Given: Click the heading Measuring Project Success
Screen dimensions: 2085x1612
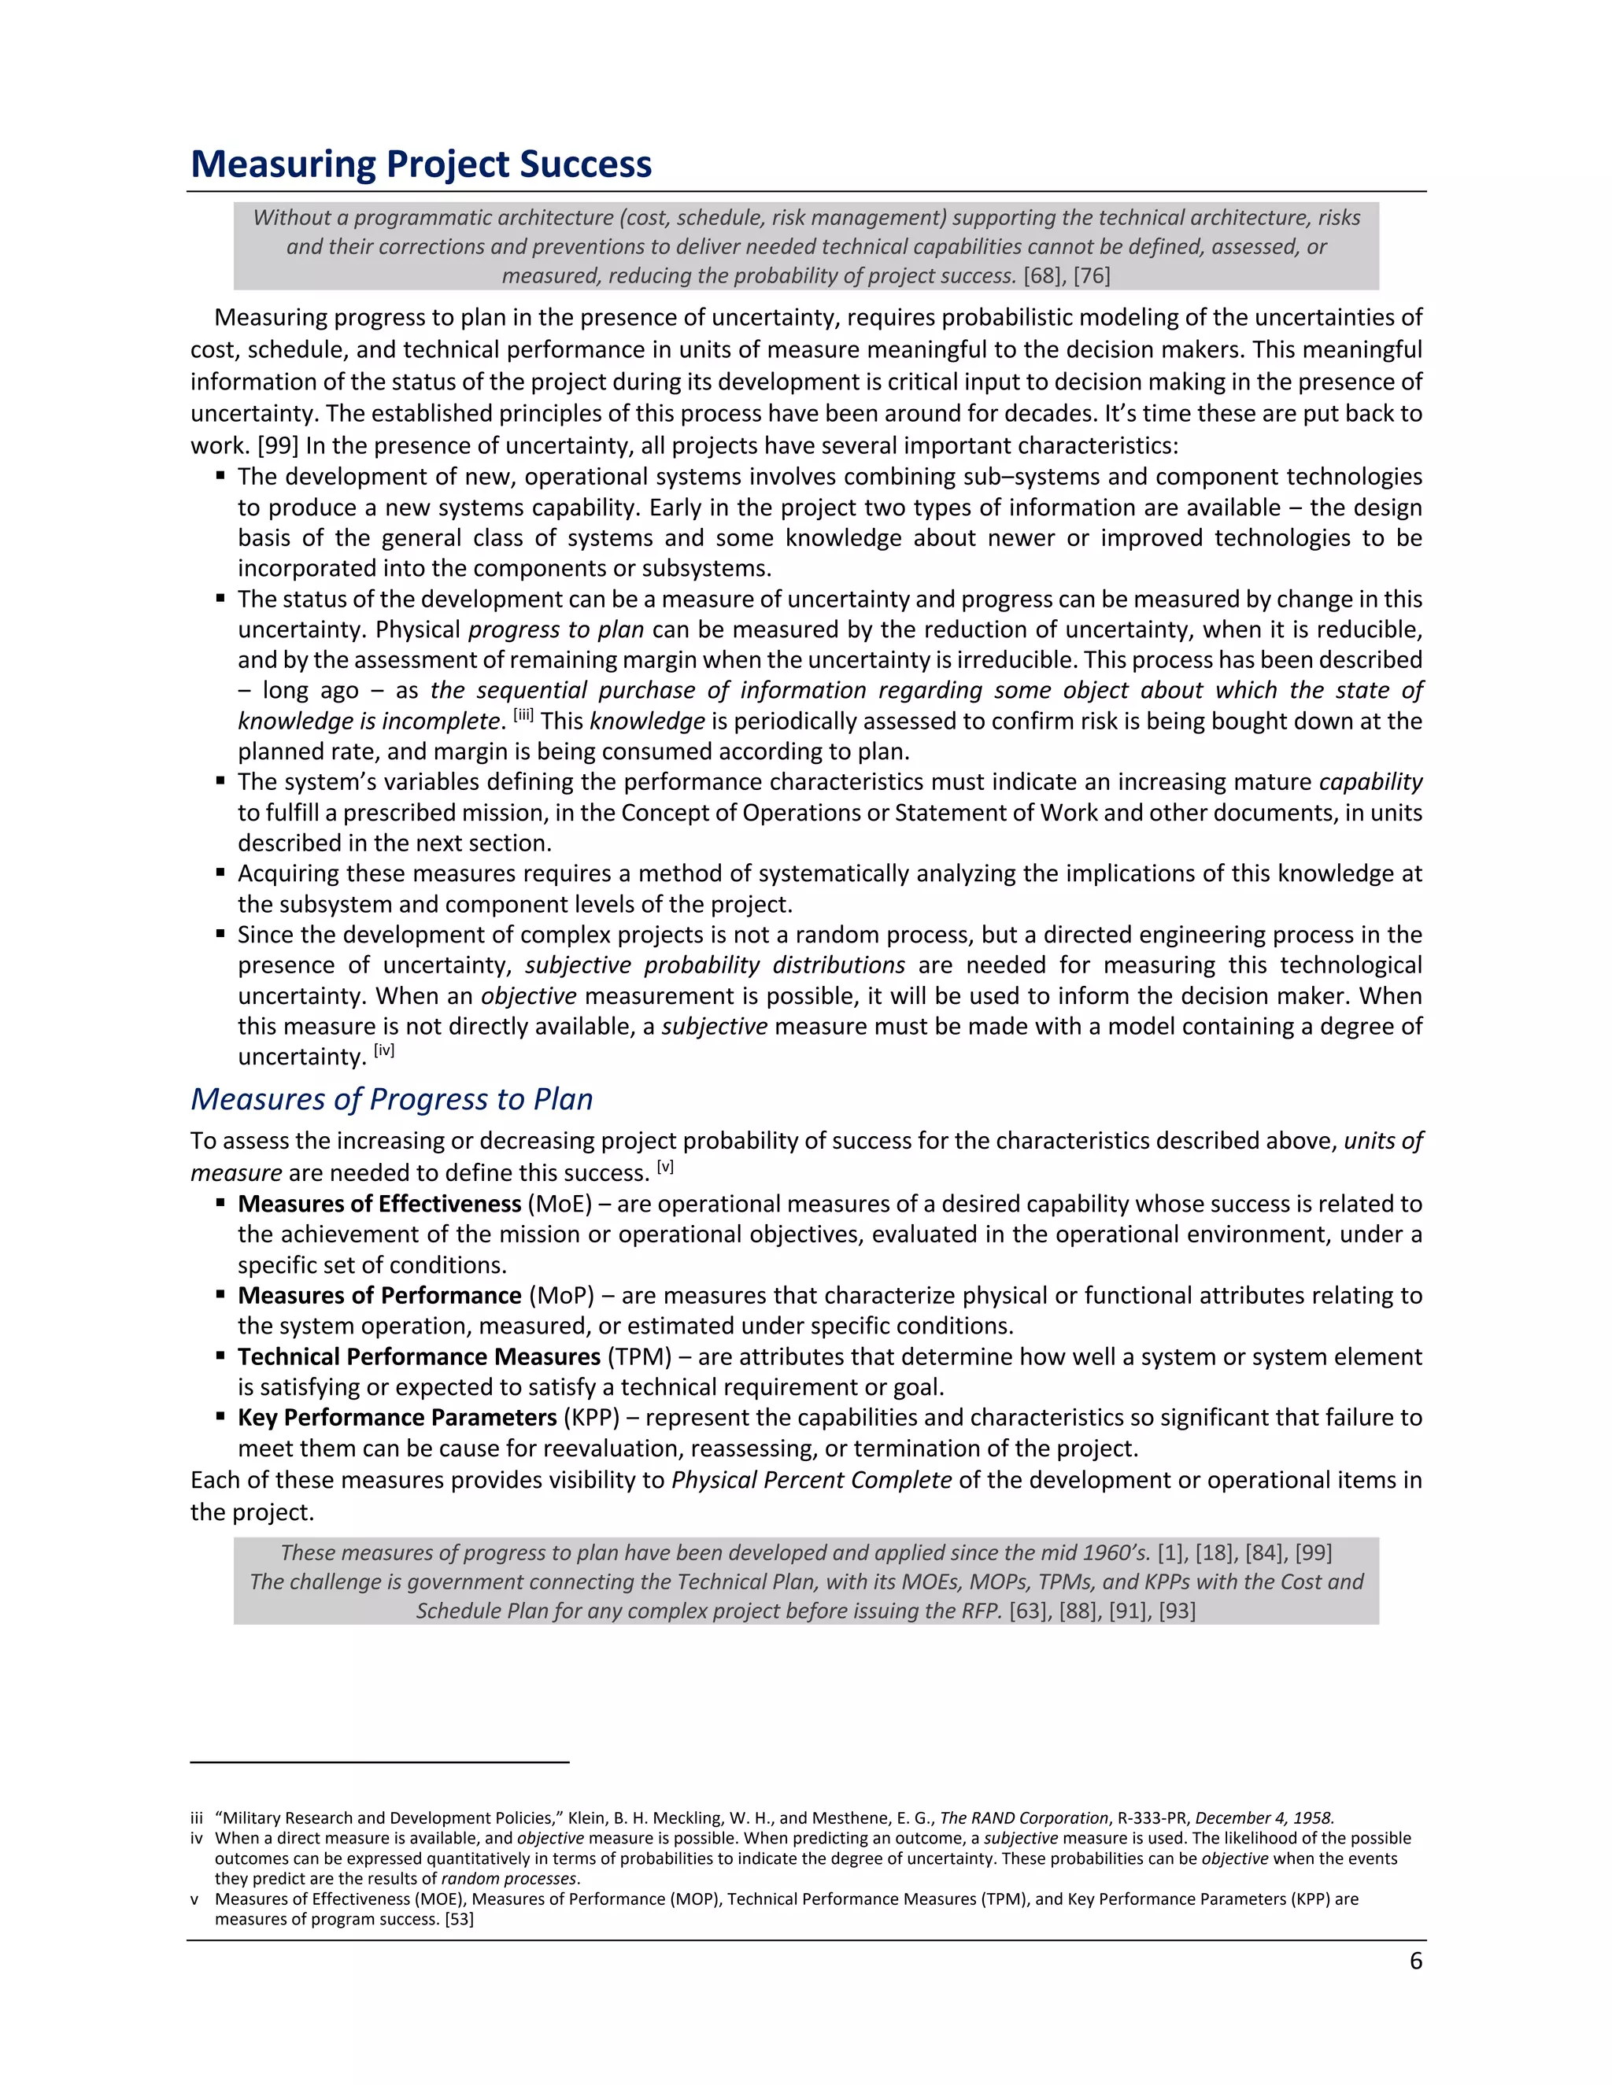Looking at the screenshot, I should (421, 164).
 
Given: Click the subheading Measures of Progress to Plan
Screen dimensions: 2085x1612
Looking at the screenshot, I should (391, 1099).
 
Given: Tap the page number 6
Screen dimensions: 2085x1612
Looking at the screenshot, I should (1415, 1961).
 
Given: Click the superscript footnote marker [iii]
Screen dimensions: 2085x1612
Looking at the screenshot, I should (523, 715).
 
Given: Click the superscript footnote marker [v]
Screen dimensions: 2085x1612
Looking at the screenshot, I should (666, 1167).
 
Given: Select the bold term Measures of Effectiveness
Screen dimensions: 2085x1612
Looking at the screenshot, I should (379, 1204).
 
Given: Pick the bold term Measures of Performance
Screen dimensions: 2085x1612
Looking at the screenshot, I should (379, 1296).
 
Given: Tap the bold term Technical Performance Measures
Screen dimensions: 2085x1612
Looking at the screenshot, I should (418, 1356).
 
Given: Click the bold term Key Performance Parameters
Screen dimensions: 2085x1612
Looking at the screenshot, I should (397, 1418).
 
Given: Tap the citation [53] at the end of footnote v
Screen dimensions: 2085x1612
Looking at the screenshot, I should (460, 1919).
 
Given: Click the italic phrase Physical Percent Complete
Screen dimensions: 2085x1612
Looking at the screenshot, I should (811, 1480).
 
